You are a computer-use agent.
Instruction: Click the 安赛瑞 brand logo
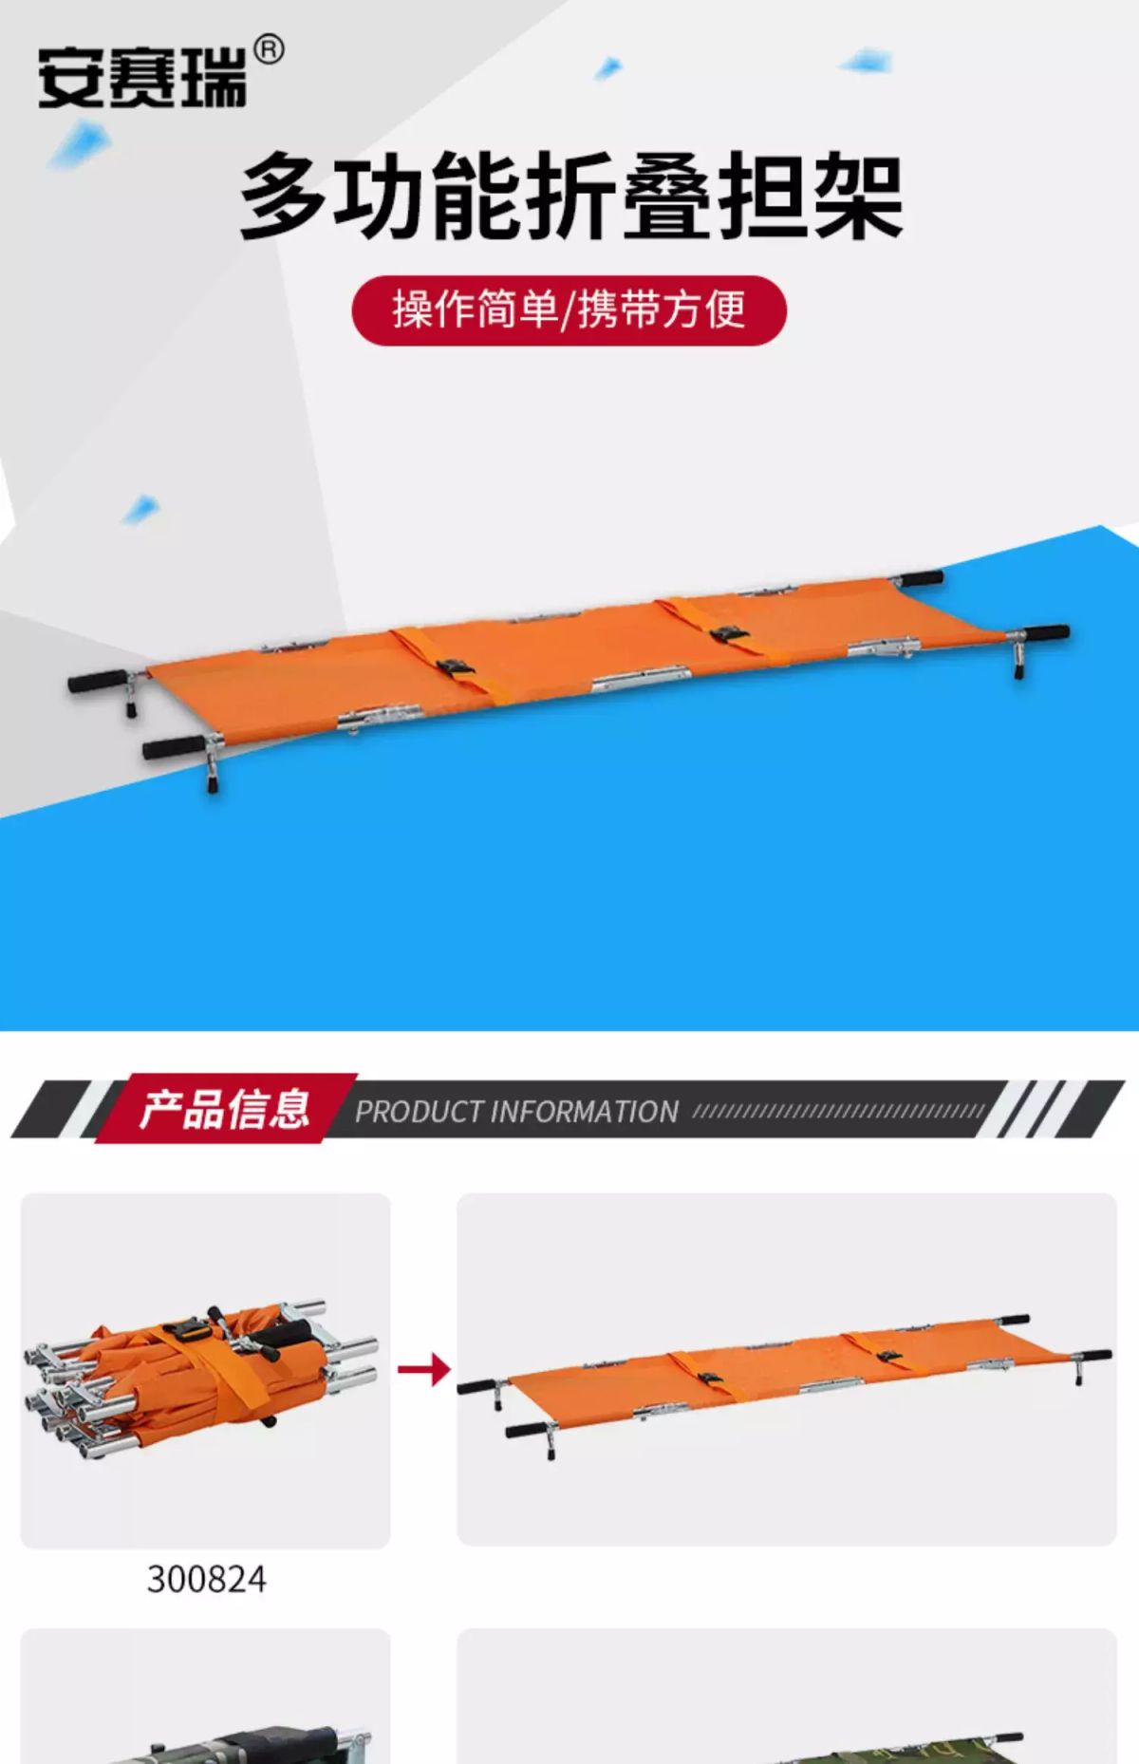coord(142,76)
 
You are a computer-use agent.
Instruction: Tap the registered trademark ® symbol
coord(270,49)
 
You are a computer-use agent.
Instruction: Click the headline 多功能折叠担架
coord(570,197)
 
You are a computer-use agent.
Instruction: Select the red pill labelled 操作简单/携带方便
coord(569,310)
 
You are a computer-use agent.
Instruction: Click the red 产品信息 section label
coord(225,1108)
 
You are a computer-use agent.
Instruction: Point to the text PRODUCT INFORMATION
coord(516,1112)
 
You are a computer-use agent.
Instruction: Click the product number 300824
coord(206,1580)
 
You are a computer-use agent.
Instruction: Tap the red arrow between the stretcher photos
coord(424,1369)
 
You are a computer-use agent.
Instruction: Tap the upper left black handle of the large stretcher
coord(98,681)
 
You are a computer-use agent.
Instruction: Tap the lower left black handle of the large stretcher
coord(173,746)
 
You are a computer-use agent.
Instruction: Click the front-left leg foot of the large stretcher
coord(214,783)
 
